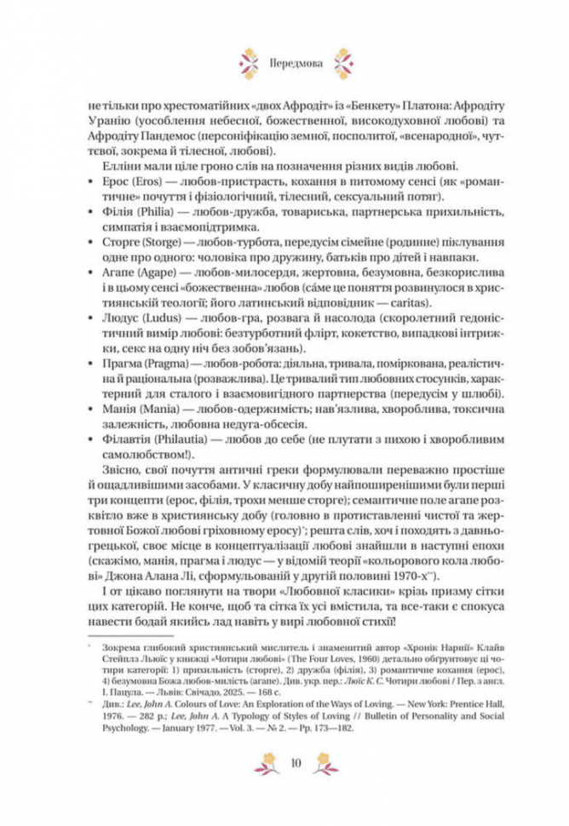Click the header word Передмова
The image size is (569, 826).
point(284,62)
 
